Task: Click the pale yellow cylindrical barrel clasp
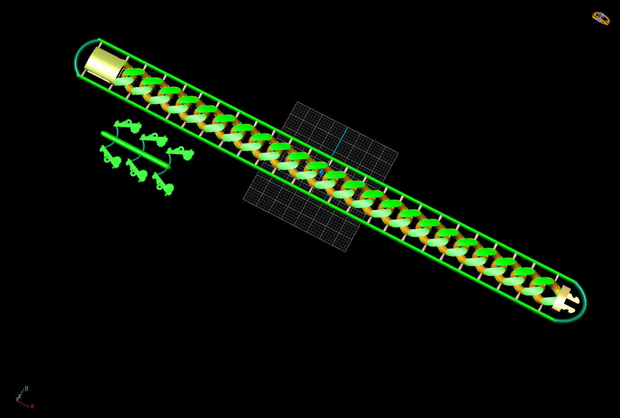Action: (105, 65)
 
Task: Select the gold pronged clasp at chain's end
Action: (567, 299)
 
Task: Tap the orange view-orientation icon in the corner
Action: (600, 18)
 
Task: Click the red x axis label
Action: (32, 406)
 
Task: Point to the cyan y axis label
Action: (26, 388)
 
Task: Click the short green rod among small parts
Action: (136, 150)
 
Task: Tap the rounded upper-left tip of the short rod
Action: (104, 134)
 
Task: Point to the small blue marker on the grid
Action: (321, 172)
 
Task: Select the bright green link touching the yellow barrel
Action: (134, 72)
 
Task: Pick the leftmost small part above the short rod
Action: (129, 125)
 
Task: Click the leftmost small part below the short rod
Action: (110, 157)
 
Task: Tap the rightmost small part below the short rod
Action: (163, 184)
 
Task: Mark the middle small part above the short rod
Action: (155, 139)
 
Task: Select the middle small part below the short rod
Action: (137, 170)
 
